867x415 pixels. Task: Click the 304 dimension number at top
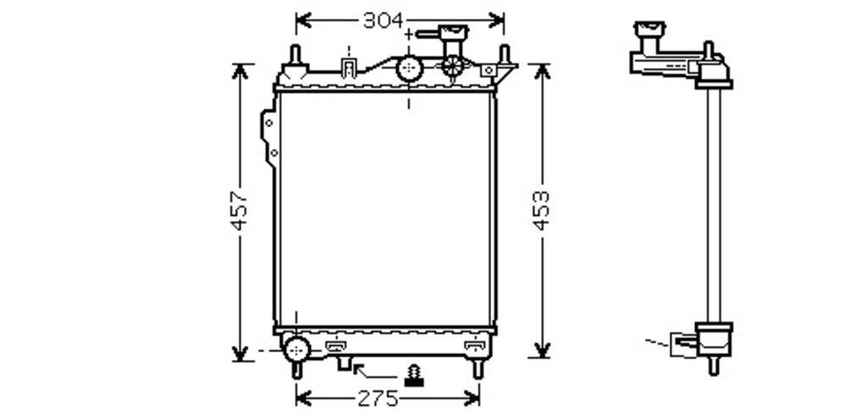[x=384, y=20]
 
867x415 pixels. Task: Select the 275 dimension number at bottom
[x=378, y=398]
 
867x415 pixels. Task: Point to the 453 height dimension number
[x=541, y=210]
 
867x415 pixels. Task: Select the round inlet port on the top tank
[x=410, y=69]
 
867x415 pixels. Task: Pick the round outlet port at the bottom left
[x=297, y=349]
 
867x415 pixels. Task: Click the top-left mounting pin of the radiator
[x=295, y=55]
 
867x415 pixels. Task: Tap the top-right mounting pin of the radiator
[x=505, y=55]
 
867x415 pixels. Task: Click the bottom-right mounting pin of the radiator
[x=478, y=368]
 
